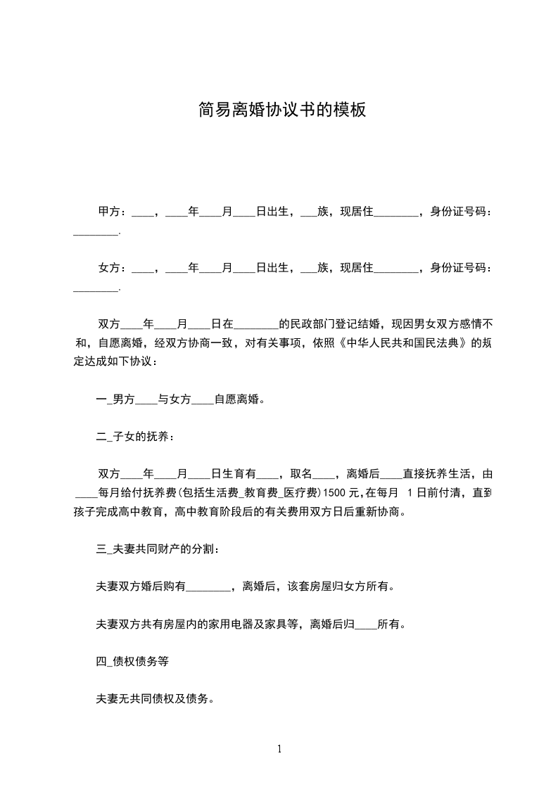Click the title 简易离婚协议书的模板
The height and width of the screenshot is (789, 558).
pyautogui.click(x=281, y=110)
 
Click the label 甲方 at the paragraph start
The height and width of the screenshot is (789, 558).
pyautogui.click(x=108, y=212)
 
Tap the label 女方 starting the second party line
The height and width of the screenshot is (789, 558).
pyautogui.click(x=108, y=268)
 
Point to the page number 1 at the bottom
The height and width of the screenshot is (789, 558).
pyautogui.click(x=279, y=750)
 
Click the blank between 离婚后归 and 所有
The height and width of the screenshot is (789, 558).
pyautogui.click(x=367, y=624)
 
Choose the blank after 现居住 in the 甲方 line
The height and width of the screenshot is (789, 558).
pyautogui.click(x=396, y=212)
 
